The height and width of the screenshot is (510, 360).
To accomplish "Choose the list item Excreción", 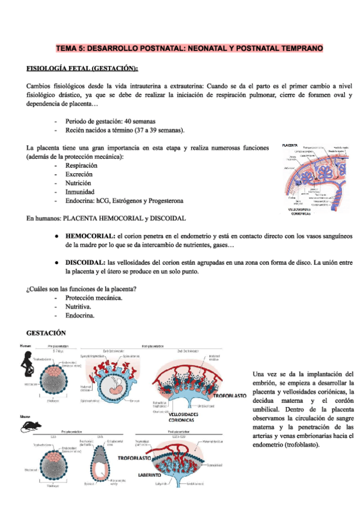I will (79, 174).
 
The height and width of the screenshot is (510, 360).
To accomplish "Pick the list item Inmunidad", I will (79, 192).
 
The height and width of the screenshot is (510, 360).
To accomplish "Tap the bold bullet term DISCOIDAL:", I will (86, 263).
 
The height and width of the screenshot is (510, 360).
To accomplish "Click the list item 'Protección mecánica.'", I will (94, 298).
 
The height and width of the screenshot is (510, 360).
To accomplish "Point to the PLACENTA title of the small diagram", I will (290, 145).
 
